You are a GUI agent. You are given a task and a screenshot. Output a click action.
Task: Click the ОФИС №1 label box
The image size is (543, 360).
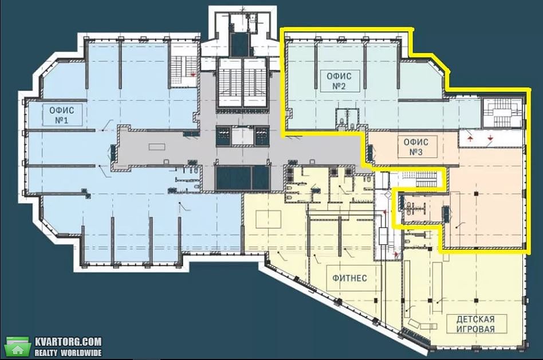tap(62, 115)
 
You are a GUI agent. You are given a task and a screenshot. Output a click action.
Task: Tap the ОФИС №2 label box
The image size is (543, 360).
tap(340, 81)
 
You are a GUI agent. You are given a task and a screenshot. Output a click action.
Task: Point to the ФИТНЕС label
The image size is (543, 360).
tap(350, 278)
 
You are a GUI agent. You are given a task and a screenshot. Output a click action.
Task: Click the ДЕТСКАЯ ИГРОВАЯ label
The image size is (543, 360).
tap(476, 324)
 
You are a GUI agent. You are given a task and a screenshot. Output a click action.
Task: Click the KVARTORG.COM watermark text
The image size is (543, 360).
tap(68, 342)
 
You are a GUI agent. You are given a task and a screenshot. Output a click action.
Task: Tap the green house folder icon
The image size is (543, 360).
tap(17, 346)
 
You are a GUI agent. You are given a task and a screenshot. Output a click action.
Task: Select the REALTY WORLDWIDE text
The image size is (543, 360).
tap(68, 353)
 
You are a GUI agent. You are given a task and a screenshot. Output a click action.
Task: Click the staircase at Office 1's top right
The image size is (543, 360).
tap(183, 72)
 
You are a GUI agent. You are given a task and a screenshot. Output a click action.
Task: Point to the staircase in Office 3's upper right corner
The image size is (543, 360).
tap(502, 112)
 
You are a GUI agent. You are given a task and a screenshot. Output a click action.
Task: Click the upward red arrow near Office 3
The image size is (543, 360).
tap(470, 138)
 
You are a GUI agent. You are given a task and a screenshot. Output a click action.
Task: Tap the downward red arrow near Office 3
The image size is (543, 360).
tap(490, 138)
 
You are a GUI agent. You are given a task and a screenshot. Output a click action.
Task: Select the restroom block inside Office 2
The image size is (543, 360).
tap(347, 119)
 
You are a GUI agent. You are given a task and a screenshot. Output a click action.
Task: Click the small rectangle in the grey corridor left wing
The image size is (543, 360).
tap(157, 147)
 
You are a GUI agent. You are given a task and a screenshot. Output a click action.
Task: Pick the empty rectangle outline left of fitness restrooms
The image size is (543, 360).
tap(269, 219)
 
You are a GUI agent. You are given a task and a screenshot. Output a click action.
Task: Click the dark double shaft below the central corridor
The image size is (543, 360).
tap(242, 178)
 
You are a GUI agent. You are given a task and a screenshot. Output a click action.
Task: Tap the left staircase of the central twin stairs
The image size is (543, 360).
tap(230, 83)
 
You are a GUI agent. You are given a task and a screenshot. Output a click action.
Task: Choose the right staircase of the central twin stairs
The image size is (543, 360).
tap(255, 83)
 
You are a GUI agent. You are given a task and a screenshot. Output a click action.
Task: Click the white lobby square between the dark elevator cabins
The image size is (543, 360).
tap(242, 136)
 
